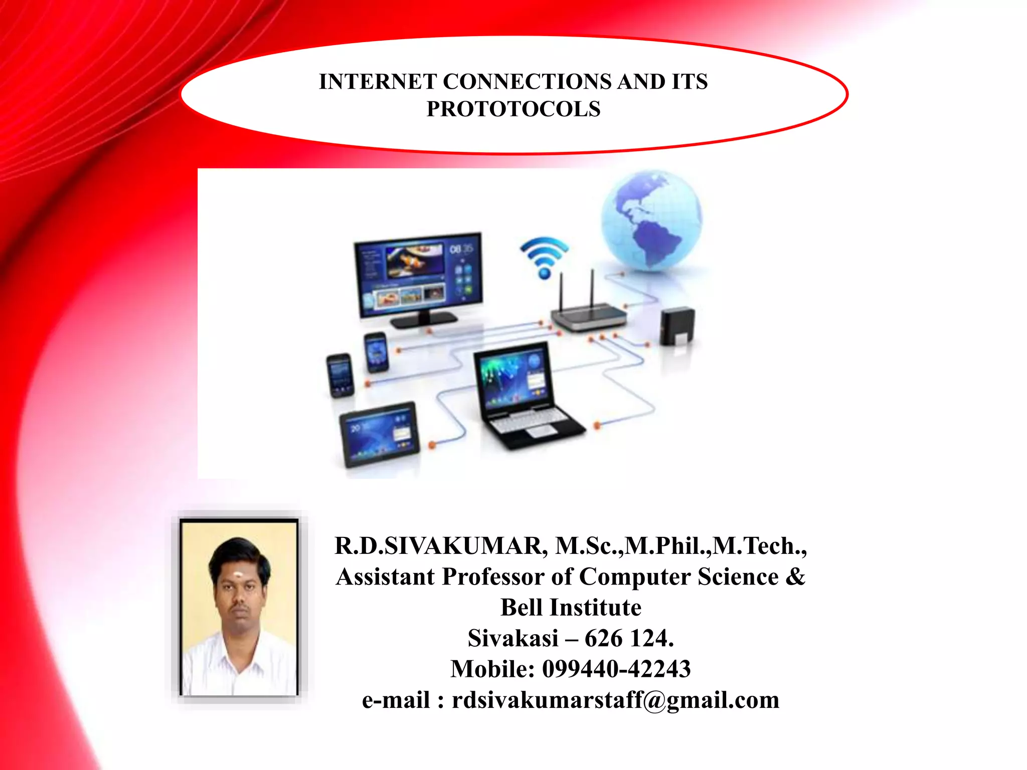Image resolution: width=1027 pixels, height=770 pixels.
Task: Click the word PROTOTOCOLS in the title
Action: (513, 109)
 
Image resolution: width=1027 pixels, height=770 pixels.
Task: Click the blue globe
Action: (651, 221)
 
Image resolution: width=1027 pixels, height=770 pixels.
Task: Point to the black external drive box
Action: (677, 326)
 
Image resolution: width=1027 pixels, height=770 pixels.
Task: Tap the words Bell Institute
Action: (571, 608)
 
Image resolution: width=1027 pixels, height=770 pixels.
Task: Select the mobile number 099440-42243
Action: (616, 669)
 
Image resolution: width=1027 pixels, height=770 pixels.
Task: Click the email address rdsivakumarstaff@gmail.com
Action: (615, 700)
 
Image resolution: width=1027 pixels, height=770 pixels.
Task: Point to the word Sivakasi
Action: (512, 638)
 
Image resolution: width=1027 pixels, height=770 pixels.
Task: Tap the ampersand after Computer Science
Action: (795, 576)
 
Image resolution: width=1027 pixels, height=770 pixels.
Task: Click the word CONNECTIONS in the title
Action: (527, 82)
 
